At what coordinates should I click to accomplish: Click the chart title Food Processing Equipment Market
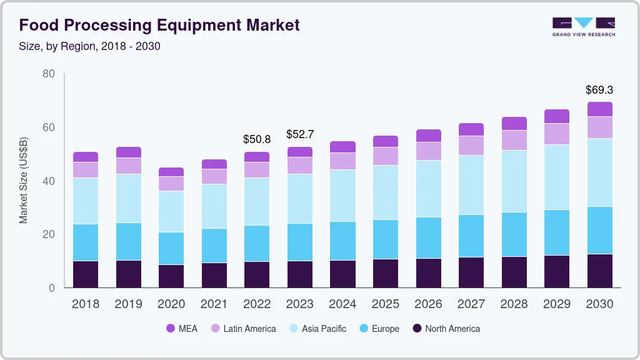point(159,25)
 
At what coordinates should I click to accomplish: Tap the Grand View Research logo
point(583,26)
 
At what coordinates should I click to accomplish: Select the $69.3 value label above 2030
point(599,90)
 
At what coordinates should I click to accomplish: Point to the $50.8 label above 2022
point(257,139)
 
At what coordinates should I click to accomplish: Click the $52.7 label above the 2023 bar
point(300,134)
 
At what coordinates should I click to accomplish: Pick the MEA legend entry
point(182,329)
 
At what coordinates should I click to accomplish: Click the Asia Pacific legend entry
point(317,329)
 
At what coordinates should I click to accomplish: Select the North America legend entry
point(446,329)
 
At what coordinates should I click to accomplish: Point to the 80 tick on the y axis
point(49,74)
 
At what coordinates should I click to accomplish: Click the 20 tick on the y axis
point(49,234)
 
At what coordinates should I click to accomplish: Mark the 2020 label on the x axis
point(171,304)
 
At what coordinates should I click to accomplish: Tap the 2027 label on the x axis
point(471,304)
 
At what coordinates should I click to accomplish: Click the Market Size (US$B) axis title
point(24,181)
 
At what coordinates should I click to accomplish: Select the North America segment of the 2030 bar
point(599,271)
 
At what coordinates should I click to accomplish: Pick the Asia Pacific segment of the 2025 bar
point(386,192)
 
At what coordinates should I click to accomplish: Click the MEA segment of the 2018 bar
point(86,157)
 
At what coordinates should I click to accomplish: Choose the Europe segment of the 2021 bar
point(214,246)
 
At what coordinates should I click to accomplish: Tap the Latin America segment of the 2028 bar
point(514,141)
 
